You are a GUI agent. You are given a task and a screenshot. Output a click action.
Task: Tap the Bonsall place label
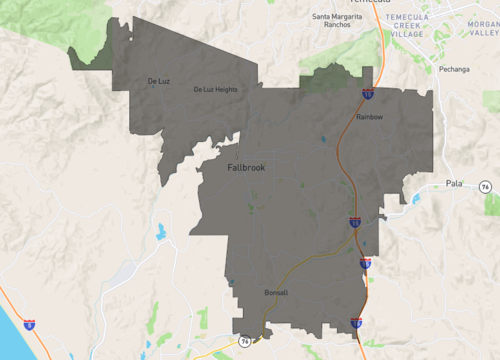click(276, 293)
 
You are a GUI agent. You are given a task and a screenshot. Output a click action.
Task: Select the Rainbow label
click(370, 117)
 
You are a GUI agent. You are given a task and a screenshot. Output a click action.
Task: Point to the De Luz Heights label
click(215, 90)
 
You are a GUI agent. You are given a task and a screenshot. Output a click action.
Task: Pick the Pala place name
click(455, 184)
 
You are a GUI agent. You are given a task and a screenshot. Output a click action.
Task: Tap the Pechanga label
click(453, 70)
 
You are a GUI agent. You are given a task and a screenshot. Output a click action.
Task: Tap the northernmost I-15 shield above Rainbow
click(367, 94)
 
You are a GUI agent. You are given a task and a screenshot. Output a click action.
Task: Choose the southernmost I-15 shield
click(357, 322)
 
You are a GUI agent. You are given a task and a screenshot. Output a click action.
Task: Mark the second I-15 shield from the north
click(355, 222)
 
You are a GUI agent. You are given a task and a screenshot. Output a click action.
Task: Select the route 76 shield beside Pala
click(485, 187)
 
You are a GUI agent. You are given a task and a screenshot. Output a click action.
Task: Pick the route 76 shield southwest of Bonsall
click(244, 342)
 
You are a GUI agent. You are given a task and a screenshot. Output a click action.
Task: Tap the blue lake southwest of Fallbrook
click(159, 233)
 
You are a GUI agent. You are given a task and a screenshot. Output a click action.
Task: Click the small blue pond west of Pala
click(415, 198)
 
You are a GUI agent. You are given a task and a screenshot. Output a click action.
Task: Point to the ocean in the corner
click(8, 345)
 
